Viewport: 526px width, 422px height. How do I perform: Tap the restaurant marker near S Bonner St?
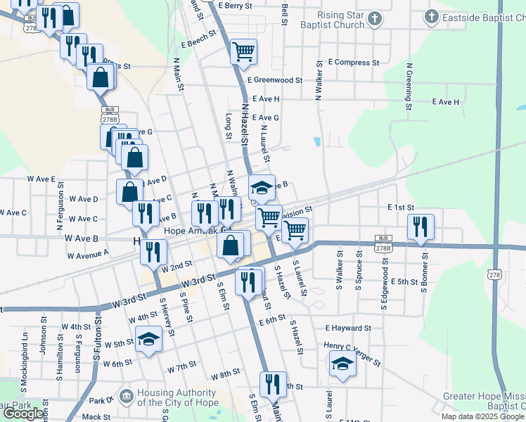coord(421,226)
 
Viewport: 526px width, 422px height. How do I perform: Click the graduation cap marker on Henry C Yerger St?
coord(342,364)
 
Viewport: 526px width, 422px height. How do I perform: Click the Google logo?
coord(25,414)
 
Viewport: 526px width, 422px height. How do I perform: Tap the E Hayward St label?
coord(348,328)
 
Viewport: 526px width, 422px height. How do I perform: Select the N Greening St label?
coord(408,88)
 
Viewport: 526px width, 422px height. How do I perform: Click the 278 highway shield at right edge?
coord(497,275)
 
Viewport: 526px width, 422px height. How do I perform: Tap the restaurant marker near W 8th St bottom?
coord(272,384)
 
